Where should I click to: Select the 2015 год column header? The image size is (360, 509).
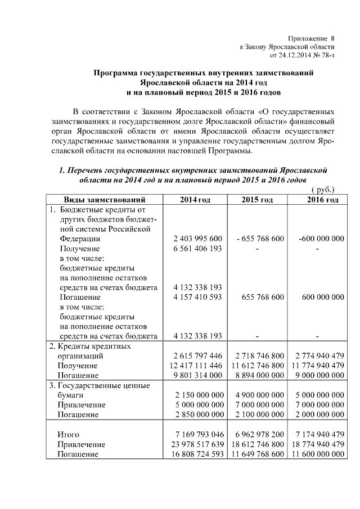click(x=257, y=200)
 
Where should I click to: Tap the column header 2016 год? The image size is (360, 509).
click(x=318, y=200)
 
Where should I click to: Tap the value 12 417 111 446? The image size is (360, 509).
click(x=197, y=366)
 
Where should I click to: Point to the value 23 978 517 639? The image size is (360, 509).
click(x=197, y=444)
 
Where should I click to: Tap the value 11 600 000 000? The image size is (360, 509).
click(x=317, y=454)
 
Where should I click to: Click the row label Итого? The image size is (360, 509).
click(x=68, y=434)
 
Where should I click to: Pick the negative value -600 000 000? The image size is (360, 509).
click(x=321, y=238)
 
